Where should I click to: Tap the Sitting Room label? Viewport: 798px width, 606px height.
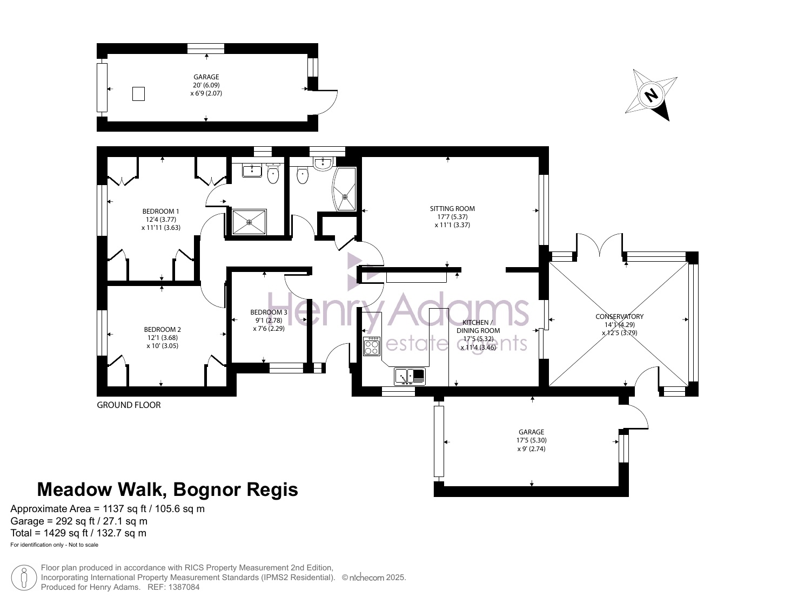click(452, 209)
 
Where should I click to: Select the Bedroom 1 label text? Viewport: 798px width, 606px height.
click(160, 212)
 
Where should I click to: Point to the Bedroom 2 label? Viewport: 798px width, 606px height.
click(163, 330)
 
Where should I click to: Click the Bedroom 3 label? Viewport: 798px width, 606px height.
click(269, 312)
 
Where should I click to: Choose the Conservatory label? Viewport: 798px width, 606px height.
click(620, 317)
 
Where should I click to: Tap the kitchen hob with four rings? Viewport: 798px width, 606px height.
click(372, 346)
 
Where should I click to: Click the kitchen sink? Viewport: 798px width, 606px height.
click(410, 376)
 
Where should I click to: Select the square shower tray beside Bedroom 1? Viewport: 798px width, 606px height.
click(250, 222)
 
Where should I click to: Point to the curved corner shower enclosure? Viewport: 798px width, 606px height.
click(344, 189)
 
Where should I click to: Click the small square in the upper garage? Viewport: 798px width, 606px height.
click(138, 94)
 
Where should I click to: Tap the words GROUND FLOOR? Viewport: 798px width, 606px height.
click(129, 405)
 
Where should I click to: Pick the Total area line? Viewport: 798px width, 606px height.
click(78, 533)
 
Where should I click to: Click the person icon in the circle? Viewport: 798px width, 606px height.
click(24, 577)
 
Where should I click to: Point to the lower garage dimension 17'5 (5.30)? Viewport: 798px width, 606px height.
click(532, 440)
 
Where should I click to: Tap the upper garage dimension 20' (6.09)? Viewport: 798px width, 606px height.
click(206, 85)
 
